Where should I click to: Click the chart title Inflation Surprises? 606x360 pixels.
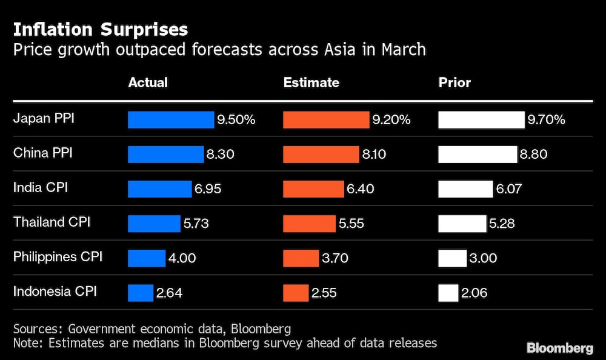(x=101, y=29)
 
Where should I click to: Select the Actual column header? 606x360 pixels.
(x=148, y=82)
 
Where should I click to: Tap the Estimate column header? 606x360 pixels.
(x=311, y=82)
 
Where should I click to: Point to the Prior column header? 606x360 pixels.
(x=454, y=82)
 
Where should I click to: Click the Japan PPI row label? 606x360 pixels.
(x=44, y=119)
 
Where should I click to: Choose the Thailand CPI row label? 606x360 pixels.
(x=52, y=222)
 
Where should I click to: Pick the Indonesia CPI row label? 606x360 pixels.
(x=55, y=292)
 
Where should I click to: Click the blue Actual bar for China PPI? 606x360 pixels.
(x=165, y=155)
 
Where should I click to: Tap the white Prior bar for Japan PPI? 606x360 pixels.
(x=481, y=120)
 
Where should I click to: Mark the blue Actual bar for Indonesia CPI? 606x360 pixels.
(x=141, y=293)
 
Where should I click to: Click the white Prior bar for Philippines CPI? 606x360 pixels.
(x=452, y=258)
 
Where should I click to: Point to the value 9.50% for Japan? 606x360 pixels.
(x=236, y=120)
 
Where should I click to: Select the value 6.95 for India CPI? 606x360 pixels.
(x=208, y=189)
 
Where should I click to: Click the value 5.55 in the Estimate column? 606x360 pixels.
(x=351, y=224)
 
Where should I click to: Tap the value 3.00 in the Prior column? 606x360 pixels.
(x=482, y=258)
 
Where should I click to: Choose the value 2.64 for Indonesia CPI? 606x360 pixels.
(x=169, y=293)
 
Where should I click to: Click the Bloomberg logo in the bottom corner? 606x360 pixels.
(x=560, y=348)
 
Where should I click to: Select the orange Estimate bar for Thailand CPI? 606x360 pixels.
(x=309, y=224)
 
